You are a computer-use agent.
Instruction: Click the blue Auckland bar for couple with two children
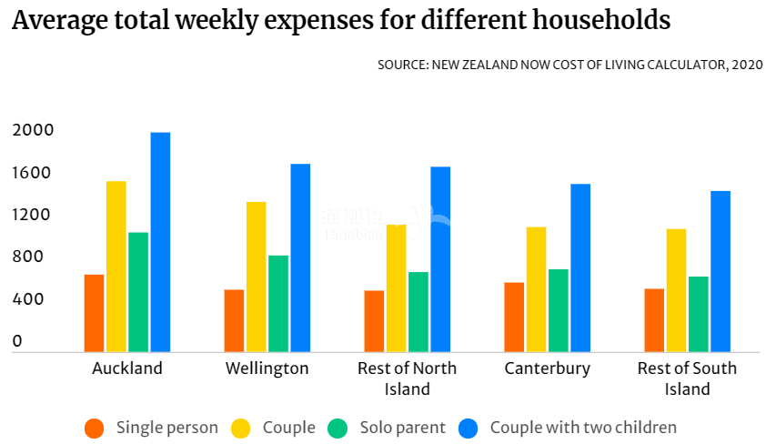pos(160,242)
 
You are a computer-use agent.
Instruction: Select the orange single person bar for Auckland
pos(94,313)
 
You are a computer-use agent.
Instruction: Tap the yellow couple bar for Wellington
pos(257,277)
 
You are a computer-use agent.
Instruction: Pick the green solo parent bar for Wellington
pos(278,303)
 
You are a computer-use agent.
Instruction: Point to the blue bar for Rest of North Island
pos(440,259)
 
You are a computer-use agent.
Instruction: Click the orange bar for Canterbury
pos(514,317)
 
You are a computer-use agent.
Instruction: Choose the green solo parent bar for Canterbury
pos(559,310)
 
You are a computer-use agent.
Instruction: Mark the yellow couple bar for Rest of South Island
pos(676,290)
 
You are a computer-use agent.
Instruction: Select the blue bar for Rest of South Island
pos(721,271)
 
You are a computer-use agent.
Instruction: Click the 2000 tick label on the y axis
pos(33,131)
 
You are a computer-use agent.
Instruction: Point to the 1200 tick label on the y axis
pos(33,216)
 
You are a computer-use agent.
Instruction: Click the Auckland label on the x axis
pos(127,368)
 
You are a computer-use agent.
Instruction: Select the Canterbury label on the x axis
pos(548,368)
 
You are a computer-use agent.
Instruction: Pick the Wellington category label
pos(267,368)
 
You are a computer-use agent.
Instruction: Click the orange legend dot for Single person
pos(94,428)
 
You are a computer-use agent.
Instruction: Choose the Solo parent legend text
pos(402,428)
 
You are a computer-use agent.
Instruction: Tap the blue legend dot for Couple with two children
pos(468,428)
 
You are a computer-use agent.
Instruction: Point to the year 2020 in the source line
pos(746,66)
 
